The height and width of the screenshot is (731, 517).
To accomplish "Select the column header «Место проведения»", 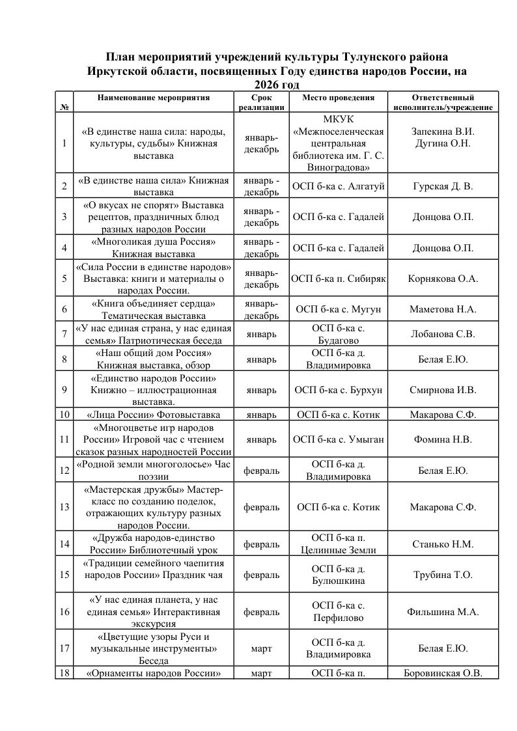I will click(x=339, y=98).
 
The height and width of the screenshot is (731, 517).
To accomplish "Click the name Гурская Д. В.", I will click(x=443, y=187).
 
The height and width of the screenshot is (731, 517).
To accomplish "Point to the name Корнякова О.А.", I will click(x=443, y=279).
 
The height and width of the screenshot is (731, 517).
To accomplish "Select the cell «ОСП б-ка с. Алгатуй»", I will click(x=339, y=187).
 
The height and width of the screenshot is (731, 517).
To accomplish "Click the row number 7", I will click(x=64, y=335).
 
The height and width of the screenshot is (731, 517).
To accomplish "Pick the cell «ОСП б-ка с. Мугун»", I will click(x=339, y=309).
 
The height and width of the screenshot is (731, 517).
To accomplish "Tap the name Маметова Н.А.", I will click(x=443, y=309).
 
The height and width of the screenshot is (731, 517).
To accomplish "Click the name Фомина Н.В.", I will click(x=443, y=439).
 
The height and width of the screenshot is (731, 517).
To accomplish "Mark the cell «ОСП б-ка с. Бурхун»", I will click(x=339, y=391).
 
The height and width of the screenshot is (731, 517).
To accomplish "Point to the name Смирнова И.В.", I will click(x=443, y=391).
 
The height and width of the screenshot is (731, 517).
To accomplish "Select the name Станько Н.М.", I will click(x=443, y=544).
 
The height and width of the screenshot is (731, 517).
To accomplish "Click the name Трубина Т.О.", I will click(x=443, y=575).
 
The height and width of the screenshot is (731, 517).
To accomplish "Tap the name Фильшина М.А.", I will click(x=443, y=612).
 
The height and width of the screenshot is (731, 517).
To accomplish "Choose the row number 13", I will click(x=64, y=507).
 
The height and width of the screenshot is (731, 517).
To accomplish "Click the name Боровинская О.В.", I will click(x=443, y=673).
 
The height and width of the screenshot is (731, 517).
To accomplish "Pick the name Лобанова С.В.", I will click(x=443, y=335).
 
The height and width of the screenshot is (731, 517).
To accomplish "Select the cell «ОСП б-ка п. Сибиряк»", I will click(x=339, y=279).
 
